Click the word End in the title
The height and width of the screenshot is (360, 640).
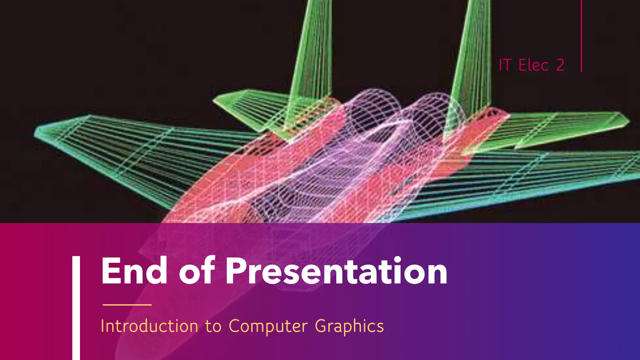[x=134, y=271]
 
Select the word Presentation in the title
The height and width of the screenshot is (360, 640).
[x=336, y=271]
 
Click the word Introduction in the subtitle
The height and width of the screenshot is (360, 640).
[x=149, y=326]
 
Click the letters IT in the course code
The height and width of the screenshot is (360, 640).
[x=505, y=65]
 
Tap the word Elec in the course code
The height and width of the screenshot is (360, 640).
[x=533, y=65]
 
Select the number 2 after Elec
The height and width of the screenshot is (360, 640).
[x=560, y=65]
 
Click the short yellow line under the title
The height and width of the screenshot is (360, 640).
[x=127, y=304]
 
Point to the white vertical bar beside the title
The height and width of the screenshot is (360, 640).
[x=76, y=308]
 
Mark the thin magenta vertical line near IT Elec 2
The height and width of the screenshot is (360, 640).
[x=581, y=36]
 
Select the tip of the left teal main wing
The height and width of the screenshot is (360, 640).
[x=41, y=133]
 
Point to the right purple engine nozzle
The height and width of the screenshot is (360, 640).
[x=437, y=109]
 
